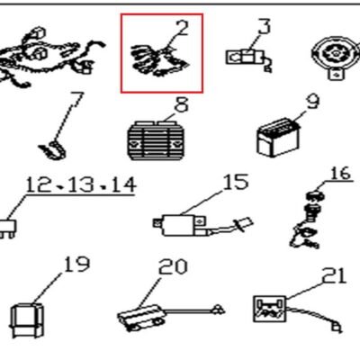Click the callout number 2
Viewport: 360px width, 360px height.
pyautogui.click(x=181, y=27)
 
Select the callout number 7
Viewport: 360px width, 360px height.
pyautogui.click(x=76, y=100)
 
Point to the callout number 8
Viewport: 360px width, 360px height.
pyautogui.click(x=182, y=104)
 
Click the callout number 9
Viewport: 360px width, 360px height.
pyautogui.click(x=312, y=102)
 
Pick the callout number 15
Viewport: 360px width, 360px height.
pyautogui.click(x=236, y=182)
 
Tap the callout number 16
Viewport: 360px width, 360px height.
pyautogui.click(x=340, y=174)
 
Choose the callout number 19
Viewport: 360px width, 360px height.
pyautogui.click(x=76, y=264)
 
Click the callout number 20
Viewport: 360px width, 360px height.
pyautogui.click(x=173, y=266)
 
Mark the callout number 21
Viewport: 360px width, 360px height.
pyautogui.click(x=334, y=275)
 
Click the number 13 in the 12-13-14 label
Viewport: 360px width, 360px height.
pyautogui.click(x=82, y=184)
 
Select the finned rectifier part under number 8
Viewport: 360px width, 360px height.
pyautogui.click(x=155, y=140)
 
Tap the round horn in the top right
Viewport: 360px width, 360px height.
pyautogui.click(x=336, y=57)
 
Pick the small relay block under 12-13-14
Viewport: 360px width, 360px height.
pyautogui.click(x=8, y=229)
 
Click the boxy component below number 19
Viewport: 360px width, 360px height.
pyautogui.click(x=27, y=319)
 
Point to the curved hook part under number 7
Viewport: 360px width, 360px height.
pyautogui.click(x=52, y=149)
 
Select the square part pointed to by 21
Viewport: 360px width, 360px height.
pyautogui.click(x=269, y=309)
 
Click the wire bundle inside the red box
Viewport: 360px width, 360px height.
pyautogui.click(x=159, y=61)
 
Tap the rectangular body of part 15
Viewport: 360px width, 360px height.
pyautogui.click(x=179, y=225)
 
